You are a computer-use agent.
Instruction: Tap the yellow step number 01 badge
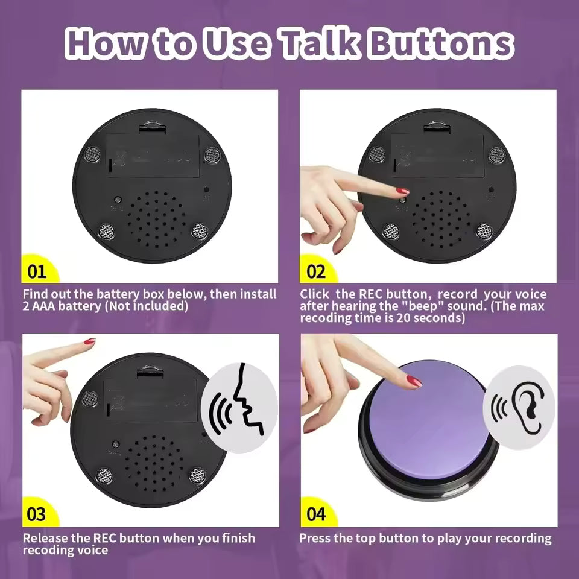point(37,271)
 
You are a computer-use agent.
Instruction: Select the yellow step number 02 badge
point(315,271)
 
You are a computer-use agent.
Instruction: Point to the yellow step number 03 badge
point(37,514)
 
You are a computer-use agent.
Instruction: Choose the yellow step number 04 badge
point(315,514)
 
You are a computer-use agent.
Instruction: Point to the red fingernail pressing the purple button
point(414,381)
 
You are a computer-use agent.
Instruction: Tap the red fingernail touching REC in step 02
point(403,192)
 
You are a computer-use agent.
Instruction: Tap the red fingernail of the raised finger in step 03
point(89,341)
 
